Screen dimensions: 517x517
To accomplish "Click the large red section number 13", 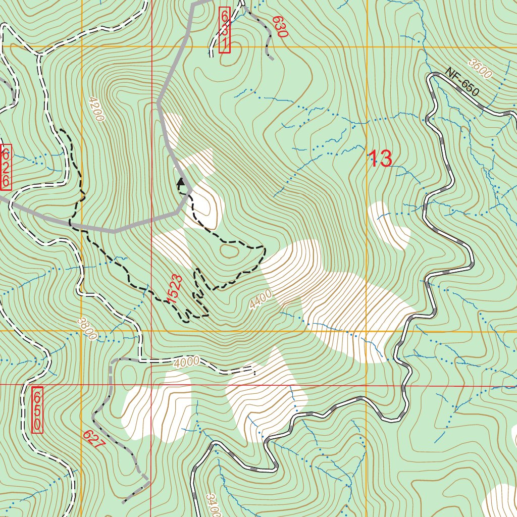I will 380,159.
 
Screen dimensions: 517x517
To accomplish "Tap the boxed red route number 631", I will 225,30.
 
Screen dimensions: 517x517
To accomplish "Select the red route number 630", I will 279,27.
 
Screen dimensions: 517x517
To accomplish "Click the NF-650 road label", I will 461,83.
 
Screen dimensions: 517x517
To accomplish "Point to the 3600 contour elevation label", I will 479,69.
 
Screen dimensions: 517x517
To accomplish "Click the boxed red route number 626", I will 6,167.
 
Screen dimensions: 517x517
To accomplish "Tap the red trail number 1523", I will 174,289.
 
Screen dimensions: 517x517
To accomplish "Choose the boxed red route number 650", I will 37,410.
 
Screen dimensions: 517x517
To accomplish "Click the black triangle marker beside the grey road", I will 180,182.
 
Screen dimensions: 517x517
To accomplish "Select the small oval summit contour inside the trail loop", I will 229,251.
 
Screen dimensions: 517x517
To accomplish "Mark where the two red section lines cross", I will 151,385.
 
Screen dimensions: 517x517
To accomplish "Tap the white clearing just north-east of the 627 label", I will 157,404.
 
